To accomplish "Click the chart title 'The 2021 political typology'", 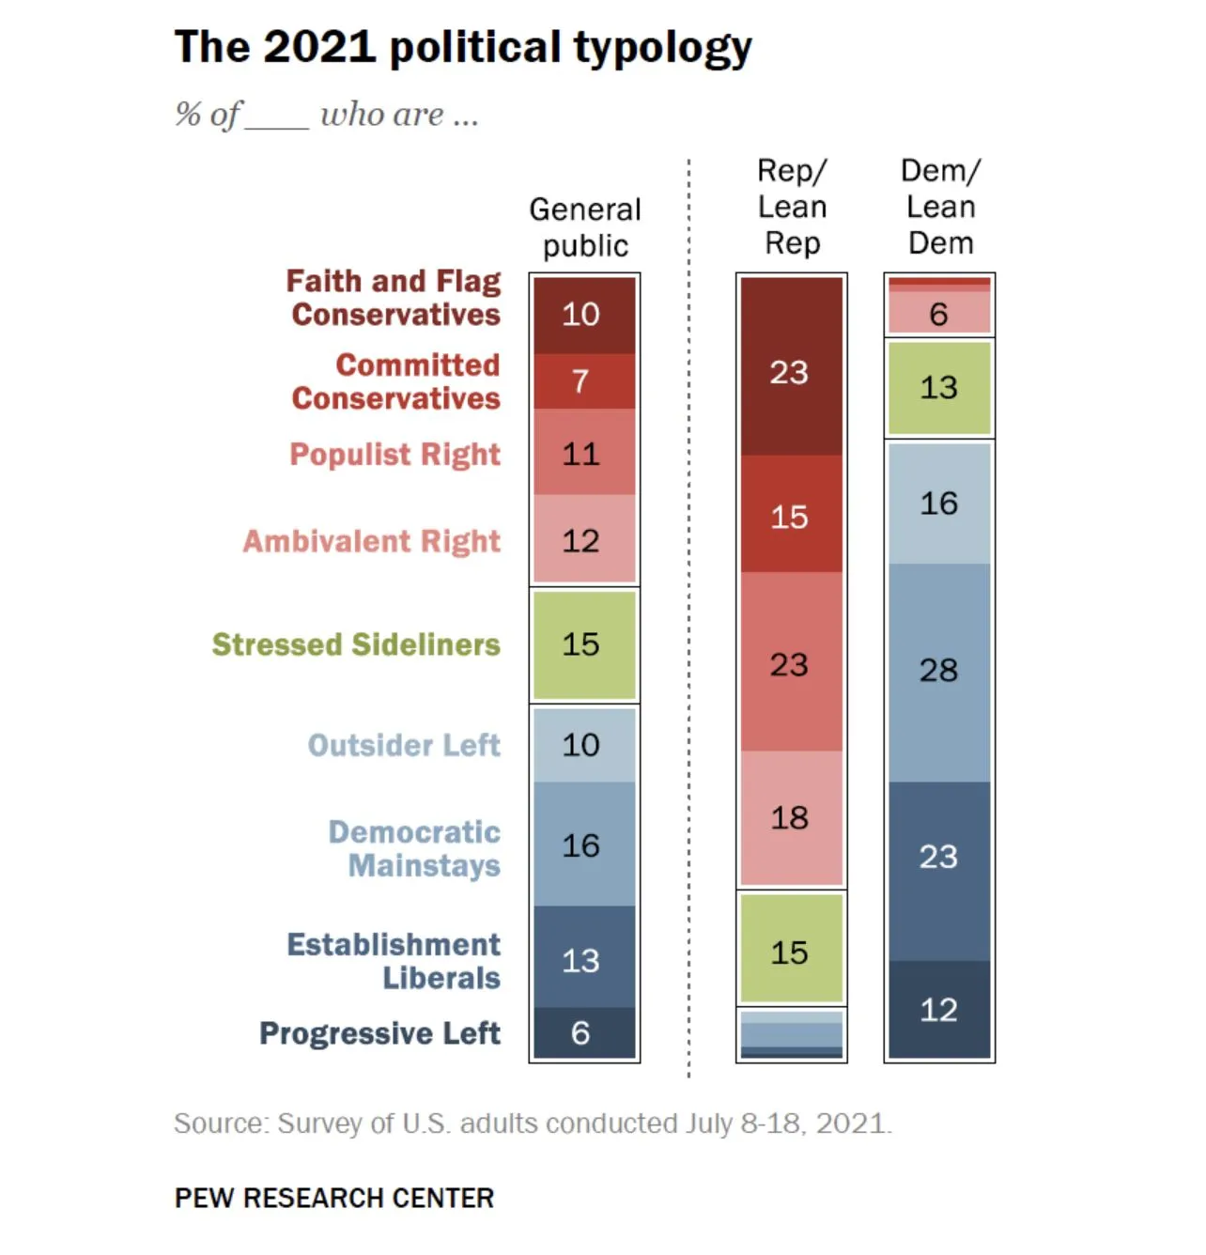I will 463,47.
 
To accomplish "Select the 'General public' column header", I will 584,227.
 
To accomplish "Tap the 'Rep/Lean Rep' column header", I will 792,207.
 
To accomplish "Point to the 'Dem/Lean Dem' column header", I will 940,207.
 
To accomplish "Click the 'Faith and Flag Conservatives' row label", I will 394,298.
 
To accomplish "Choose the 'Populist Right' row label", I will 395,455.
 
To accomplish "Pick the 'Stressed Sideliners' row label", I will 356,644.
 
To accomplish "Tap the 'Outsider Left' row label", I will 405,745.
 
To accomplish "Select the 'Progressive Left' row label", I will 379,1033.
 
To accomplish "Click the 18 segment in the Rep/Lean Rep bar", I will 791,818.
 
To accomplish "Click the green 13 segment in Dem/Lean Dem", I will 939,388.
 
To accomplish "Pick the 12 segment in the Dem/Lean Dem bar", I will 939,1010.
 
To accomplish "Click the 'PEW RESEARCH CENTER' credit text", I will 334,1199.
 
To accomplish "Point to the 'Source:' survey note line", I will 533,1123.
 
